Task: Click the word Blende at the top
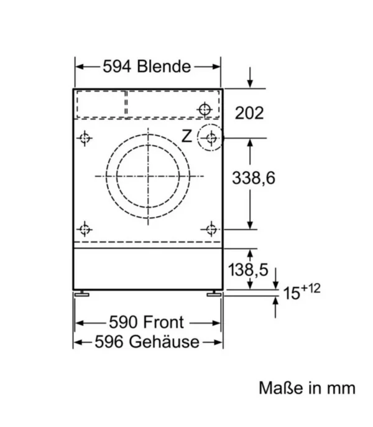[163, 66]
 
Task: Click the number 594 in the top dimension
[117, 67]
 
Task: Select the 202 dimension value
[249, 113]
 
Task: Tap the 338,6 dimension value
[254, 178]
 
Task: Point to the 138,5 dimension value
[248, 270]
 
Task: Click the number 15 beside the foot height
[292, 293]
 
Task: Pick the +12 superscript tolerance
[311, 288]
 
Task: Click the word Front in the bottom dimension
[163, 322]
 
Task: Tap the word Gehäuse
[164, 342]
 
